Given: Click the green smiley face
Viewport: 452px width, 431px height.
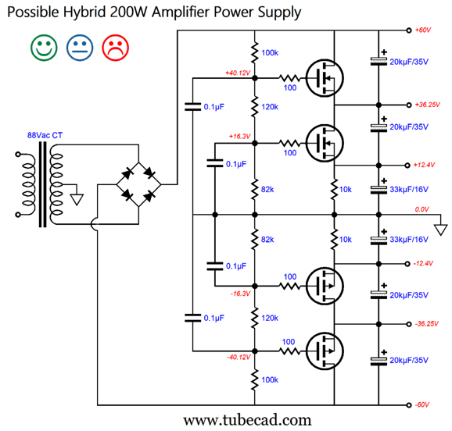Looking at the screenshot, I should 45,47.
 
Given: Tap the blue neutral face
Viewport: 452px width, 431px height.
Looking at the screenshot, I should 81,47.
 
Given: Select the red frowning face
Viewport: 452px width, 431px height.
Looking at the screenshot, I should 116,47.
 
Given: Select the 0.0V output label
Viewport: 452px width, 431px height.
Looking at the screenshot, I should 422,209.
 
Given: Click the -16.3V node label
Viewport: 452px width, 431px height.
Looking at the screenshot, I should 239,294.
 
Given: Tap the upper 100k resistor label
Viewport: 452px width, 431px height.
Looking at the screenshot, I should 271,53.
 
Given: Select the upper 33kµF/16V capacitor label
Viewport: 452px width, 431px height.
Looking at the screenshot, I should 409,188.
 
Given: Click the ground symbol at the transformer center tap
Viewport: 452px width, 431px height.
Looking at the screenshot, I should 77,198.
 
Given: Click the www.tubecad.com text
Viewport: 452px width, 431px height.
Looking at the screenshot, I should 247,420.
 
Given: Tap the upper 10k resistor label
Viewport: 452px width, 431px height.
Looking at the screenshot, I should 346,188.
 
